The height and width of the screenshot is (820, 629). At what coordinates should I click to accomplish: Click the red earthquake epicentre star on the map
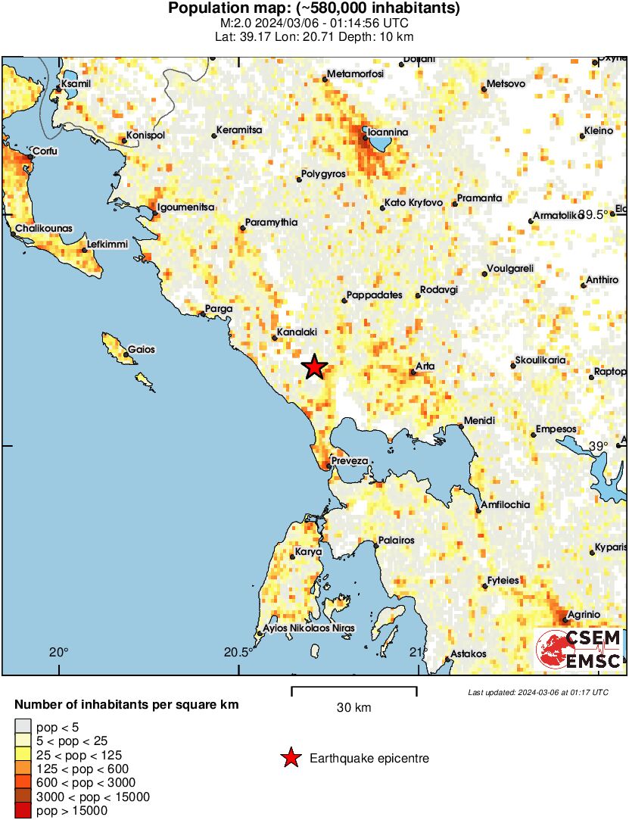coord(315,367)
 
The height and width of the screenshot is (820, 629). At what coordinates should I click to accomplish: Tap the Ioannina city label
coord(388,133)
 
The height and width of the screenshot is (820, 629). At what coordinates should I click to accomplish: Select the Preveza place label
coord(350,461)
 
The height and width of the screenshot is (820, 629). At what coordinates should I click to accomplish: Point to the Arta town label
coord(426,366)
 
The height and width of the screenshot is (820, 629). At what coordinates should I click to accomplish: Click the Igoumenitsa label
coord(186,207)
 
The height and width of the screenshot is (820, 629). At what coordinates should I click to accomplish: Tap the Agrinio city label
coord(584,614)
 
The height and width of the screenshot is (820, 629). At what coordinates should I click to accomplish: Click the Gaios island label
coord(142,350)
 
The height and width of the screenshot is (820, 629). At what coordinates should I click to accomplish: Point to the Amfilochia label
coord(506,505)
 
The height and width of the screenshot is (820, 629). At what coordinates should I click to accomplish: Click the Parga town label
coord(220,309)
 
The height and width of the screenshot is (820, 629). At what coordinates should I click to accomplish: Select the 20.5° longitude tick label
coord(238,652)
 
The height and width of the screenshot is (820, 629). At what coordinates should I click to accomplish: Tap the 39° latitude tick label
coord(599,446)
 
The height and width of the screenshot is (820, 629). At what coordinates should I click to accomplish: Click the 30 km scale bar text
coord(354,708)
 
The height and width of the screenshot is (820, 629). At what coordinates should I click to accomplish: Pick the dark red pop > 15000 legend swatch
coord(23,811)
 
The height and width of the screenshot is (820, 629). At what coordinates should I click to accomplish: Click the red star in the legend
coord(290,758)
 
